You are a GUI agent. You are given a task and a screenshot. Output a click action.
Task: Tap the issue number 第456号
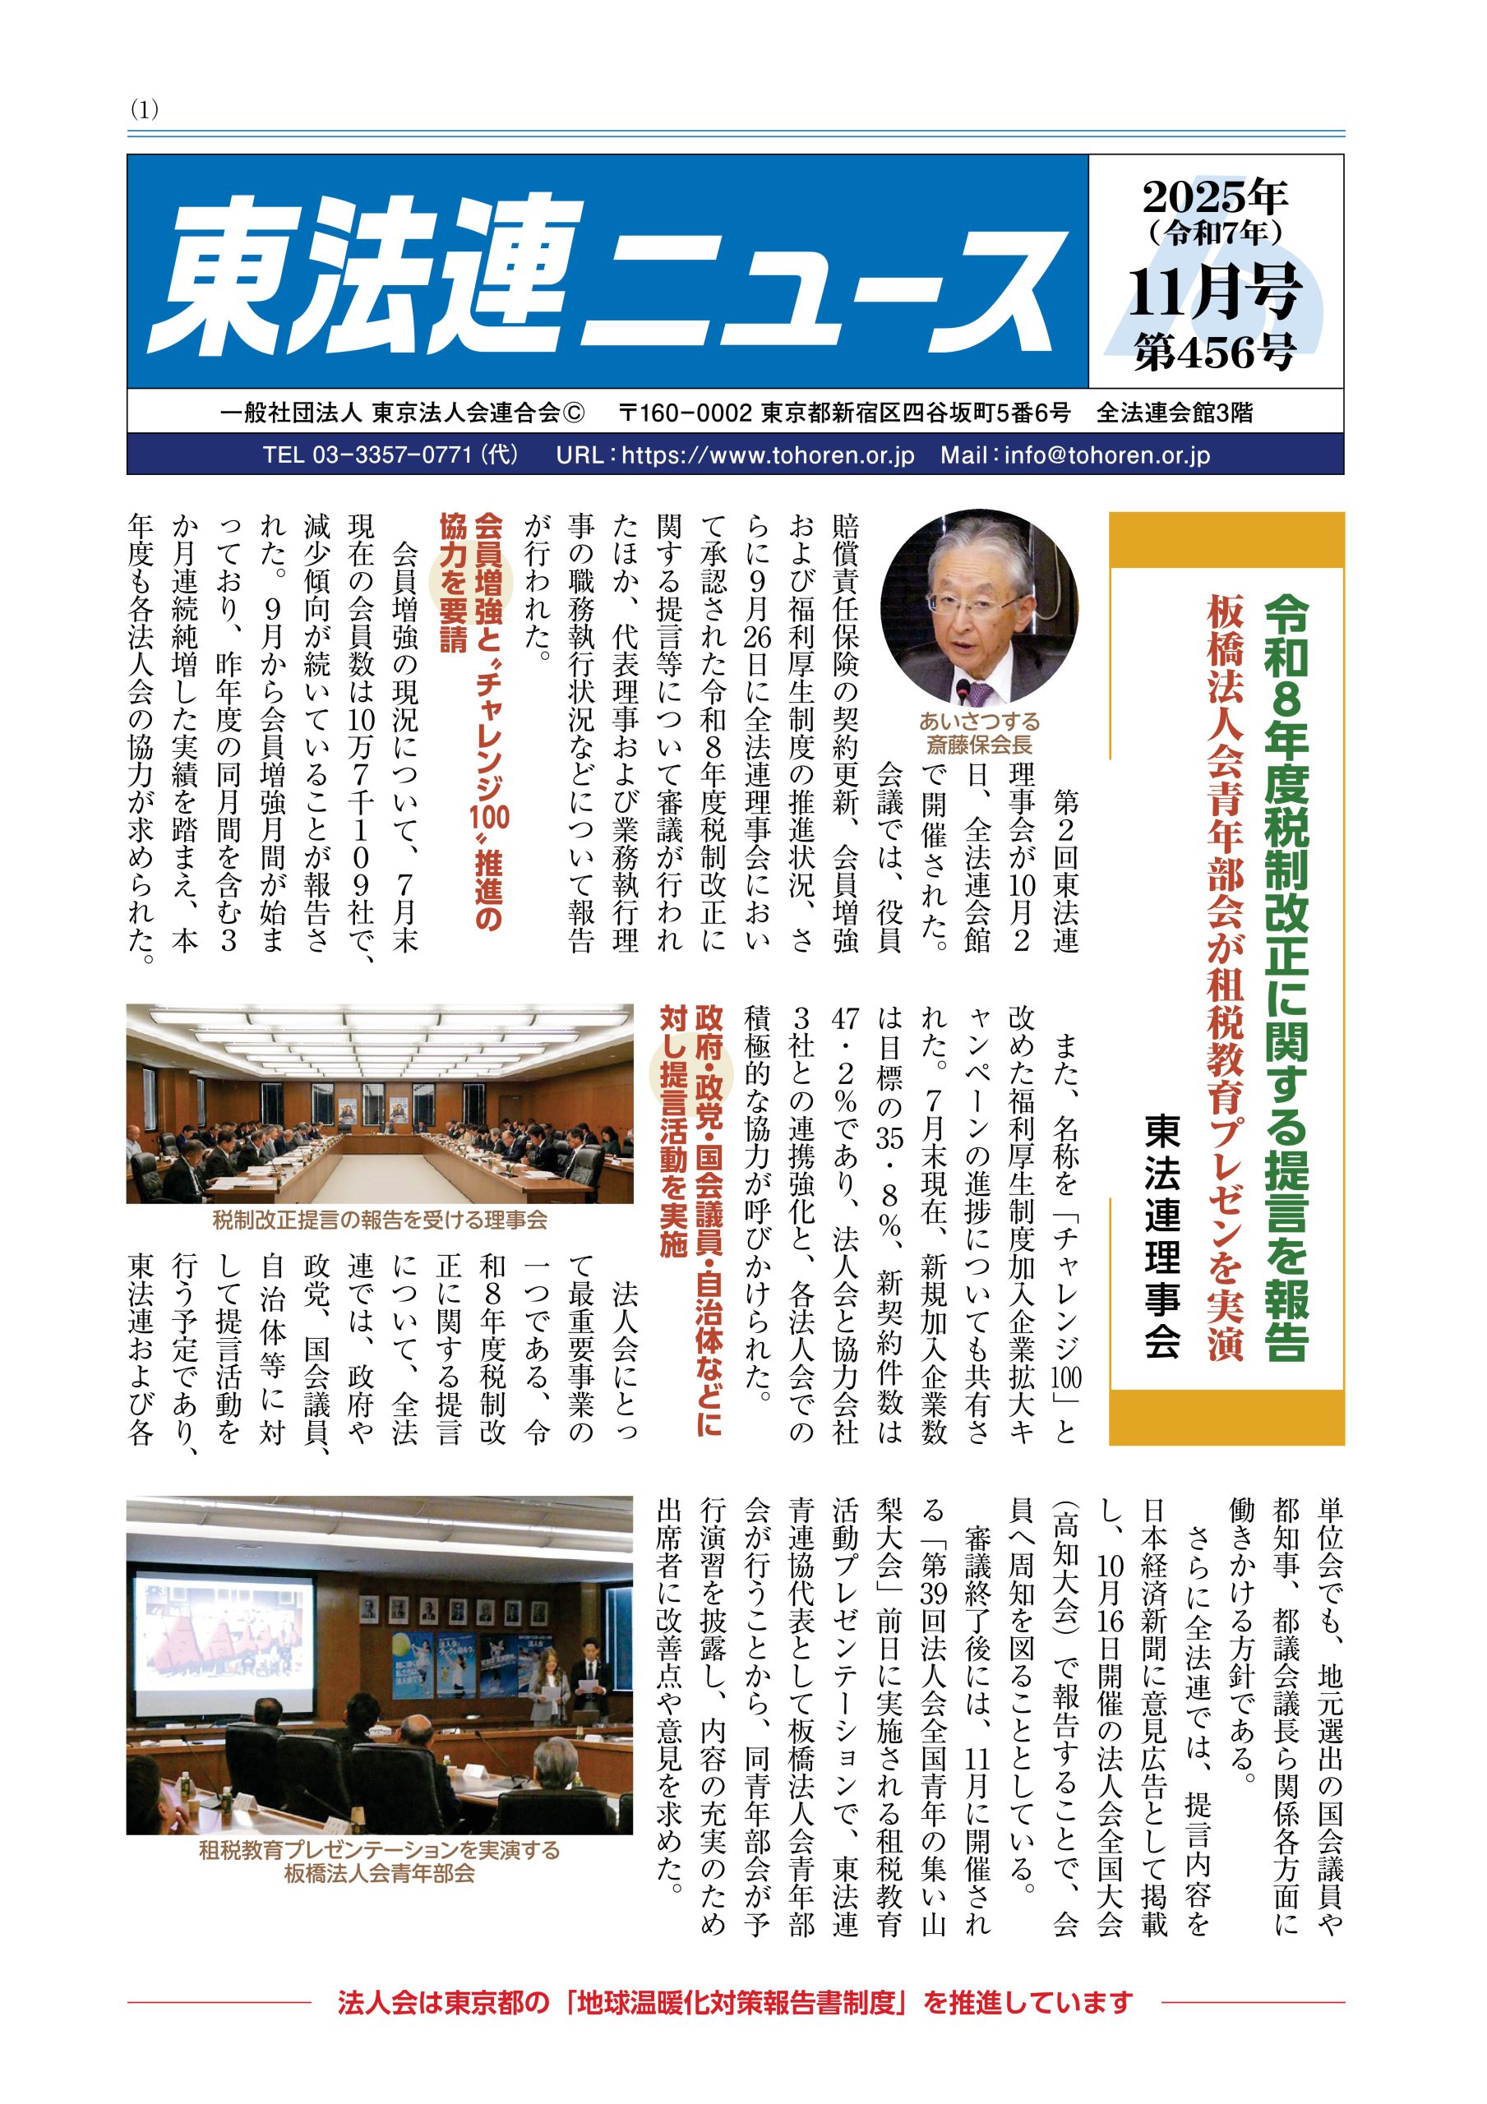(x=1216, y=352)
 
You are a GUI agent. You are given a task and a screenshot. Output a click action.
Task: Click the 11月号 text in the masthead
(x=1216, y=292)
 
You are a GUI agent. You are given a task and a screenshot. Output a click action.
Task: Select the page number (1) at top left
(x=145, y=109)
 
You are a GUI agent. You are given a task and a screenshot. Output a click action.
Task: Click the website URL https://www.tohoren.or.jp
(x=769, y=455)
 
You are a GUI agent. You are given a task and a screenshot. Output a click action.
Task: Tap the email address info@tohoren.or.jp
(x=1106, y=455)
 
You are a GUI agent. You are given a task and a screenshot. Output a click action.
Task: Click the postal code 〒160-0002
(x=686, y=413)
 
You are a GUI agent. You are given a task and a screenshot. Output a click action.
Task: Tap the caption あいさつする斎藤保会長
(x=979, y=732)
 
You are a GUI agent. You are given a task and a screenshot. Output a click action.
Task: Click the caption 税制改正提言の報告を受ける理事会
(x=380, y=1220)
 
